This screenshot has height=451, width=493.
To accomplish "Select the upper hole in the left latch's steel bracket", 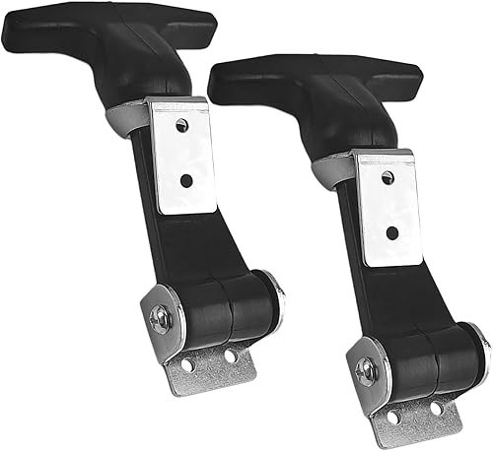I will coord(181,125).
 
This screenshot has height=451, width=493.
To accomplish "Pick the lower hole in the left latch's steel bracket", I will coord(185,180).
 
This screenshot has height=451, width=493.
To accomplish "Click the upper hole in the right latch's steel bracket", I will coord(387,177).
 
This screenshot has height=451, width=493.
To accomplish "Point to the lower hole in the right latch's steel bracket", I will coord(391,233).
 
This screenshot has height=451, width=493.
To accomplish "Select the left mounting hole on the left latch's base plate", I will coord(187,365).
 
